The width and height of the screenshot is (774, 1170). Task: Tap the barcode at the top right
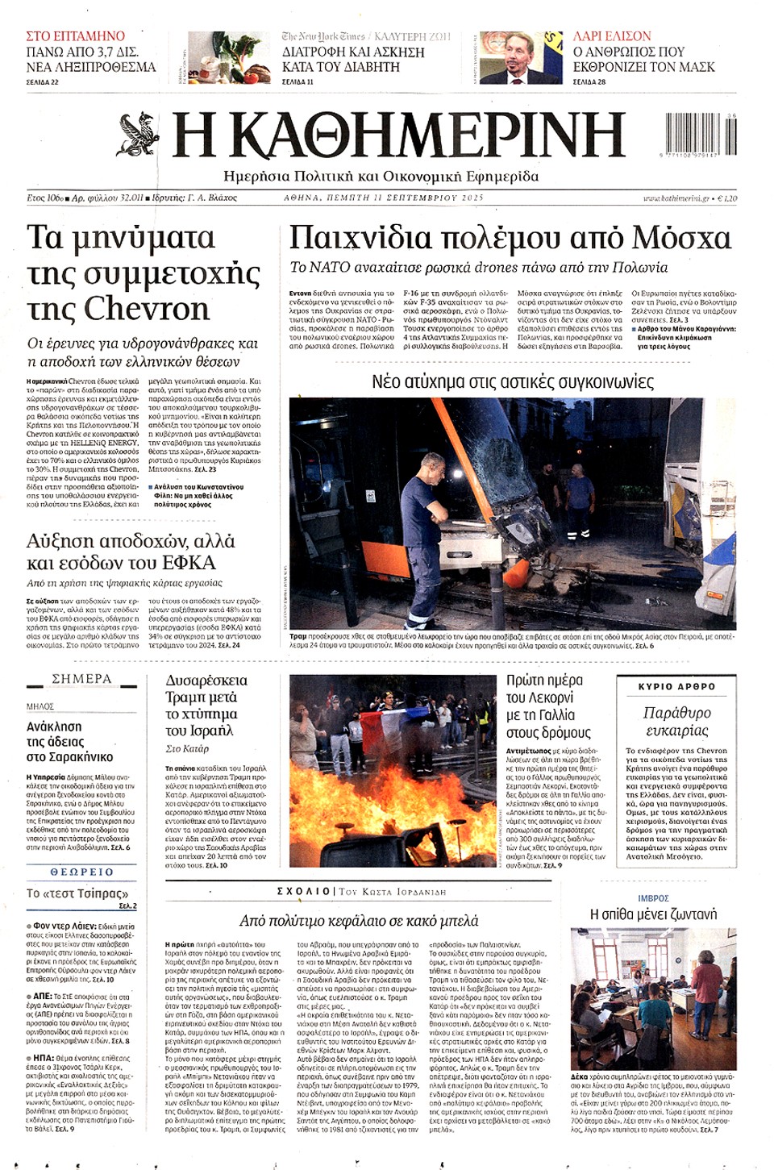pyautogui.click(x=701, y=134)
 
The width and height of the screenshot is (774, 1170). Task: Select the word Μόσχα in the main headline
pyautogui.click(x=681, y=237)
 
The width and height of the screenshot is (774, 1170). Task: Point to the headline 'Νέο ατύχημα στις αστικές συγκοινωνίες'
pyautogui.click(x=512, y=381)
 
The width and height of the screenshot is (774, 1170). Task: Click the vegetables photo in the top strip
pyautogui.click(x=229, y=57)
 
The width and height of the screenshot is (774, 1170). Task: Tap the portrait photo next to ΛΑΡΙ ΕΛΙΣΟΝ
pyautogui.click(x=521, y=57)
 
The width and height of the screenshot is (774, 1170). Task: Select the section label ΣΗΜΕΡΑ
pyautogui.click(x=81, y=679)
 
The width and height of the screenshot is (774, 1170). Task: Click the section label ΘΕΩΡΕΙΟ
pyautogui.click(x=81, y=872)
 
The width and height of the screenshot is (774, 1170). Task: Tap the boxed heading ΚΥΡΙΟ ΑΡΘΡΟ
pyautogui.click(x=676, y=687)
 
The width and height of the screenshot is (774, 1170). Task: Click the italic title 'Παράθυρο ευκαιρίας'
pyautogui.click(x=676, y=722)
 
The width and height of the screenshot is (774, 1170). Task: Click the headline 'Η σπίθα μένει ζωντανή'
pyautogui.click(x=653, y=914)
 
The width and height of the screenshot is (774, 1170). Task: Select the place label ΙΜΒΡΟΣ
pyautogui.click(x=653, y=898)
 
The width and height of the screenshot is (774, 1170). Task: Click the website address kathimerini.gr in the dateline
pyautogui.click(x=676, y=198)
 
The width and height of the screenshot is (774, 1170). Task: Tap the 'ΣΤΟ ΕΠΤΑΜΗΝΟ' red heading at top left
pyautogui.click(x=75, y=36)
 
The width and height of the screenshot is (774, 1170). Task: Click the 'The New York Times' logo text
pyautogui.click(x=323, y=36)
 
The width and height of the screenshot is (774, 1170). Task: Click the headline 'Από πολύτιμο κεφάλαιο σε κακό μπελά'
pyautogui.click(x=359, y=920)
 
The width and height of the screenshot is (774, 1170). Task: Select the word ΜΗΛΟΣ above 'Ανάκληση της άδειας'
pyautogui.click(x=40, y=706)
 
